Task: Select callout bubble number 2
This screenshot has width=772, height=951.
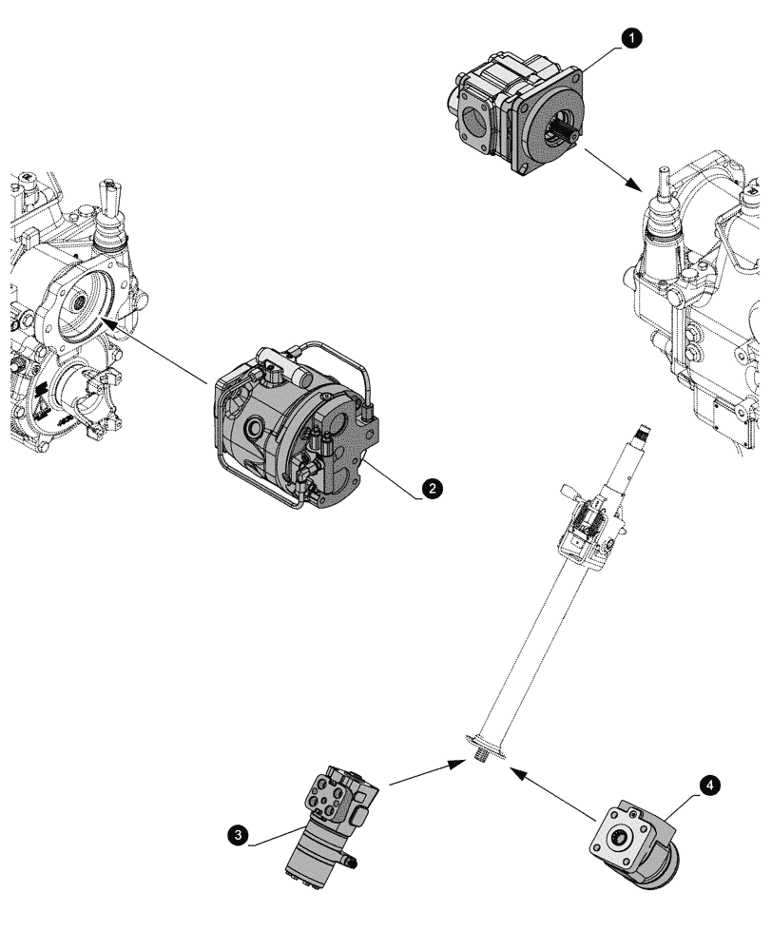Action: (x=431, y=488)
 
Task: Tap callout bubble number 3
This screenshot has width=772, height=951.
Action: (x=241, y=836)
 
